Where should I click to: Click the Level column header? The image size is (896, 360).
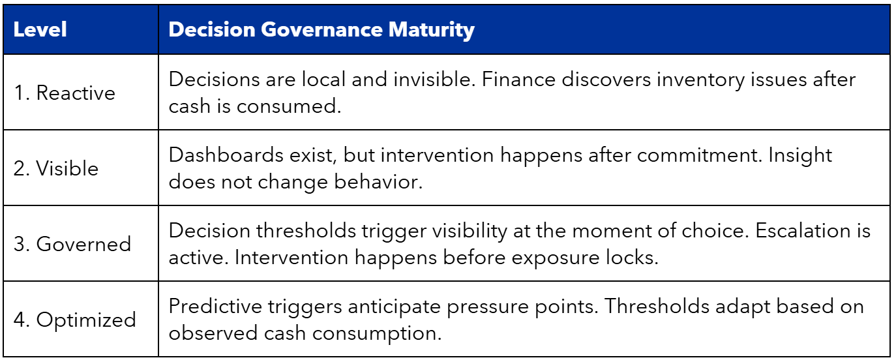(40, 29)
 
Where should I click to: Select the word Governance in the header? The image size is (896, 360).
(322, 29)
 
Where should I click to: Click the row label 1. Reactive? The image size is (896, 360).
(65, 93)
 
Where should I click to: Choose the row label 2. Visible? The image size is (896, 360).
(56, 168)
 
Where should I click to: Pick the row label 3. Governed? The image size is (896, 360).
(72, 244)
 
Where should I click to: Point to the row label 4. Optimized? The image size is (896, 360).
(75, 320)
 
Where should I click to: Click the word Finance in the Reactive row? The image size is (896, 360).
(519, 79)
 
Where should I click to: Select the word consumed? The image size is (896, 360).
(289, 106)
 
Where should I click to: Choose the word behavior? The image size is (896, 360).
(378, 181)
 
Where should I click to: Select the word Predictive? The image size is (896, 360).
(215, 307)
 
